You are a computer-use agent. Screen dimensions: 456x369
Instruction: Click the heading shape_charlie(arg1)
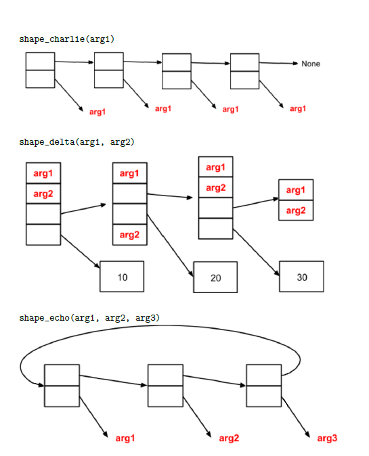[x=66, y=39]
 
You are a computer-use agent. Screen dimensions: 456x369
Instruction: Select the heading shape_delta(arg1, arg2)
[x=77, y=142]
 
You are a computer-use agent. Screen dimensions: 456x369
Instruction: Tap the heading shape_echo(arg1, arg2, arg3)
[x=89, y=317]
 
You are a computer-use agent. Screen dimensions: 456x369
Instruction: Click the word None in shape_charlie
[x=311, y=64]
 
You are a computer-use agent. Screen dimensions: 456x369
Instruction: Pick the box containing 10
[x=122, y=277]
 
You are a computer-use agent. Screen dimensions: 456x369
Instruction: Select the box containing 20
[x=215, y=277]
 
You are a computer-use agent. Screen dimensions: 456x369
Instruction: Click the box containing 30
[x=301, y=277]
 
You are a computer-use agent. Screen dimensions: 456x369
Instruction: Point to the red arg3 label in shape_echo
[x=327, y=438]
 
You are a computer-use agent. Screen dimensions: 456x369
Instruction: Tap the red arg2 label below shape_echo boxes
[x=229, y=438]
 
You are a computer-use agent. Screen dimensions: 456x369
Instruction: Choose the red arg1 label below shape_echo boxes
[x=125, y=438]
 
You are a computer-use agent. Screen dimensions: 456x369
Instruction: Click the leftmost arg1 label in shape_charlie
[x=97, y=112]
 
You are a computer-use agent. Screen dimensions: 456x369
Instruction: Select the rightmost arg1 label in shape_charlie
[x=298, y=109]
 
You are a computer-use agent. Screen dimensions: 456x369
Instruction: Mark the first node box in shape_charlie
[x=40, y=70]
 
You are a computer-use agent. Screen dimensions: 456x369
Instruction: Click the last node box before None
[x=244, y=71]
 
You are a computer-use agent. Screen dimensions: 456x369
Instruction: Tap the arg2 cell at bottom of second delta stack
[x=129, y=235]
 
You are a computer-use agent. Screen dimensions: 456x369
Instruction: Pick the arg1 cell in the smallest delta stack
[x=296, y=190]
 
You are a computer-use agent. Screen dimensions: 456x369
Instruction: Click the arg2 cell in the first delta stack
[x=43, y=194]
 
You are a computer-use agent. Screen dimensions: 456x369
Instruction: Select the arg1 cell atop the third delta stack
[x=215, y=167]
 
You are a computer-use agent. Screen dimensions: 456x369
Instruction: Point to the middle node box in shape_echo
[x=165, y=386]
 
